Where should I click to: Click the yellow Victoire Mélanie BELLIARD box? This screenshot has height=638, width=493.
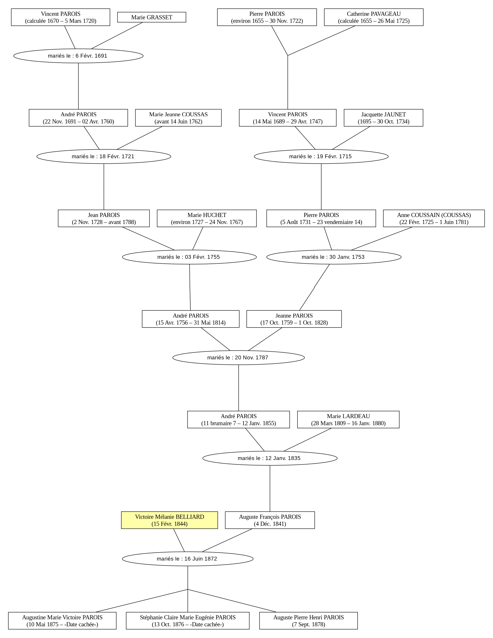[x=169, y=520]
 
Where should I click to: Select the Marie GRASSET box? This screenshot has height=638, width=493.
[x=152, y=17]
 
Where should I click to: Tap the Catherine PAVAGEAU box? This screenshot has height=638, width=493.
[x=374, y=17]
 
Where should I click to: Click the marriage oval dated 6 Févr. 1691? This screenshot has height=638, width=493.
[x=78, y=56]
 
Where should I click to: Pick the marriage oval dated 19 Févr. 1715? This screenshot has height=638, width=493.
[x=321, y=156]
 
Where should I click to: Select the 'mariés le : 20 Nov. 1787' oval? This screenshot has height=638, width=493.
[x=238, y=357]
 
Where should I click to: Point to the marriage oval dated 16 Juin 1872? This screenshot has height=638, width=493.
[x=188, y=559]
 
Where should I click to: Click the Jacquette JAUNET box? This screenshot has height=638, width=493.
[x=383, y=118]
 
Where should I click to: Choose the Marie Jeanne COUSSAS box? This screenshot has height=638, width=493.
[x=178, y=118]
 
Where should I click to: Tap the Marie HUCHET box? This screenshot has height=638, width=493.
[x=207, y=218]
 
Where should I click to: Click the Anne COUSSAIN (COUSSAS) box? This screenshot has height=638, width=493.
[x=434, y=218]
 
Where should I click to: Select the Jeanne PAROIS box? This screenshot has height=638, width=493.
[x=294, y=319]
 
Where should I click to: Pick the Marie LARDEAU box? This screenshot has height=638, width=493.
[x=348, y=420]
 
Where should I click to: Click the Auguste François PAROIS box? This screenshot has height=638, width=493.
[x=270, y=520]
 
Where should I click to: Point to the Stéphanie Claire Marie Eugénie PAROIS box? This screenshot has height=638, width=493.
[x=188, y=621]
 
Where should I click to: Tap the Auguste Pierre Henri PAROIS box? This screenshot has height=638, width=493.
[x=308, y=621]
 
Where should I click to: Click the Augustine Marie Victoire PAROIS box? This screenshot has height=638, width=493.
[x=62, y=621]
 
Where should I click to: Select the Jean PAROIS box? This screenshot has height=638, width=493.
[x=104, y=218]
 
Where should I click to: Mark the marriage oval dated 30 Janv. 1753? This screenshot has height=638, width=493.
[x=334, y=257]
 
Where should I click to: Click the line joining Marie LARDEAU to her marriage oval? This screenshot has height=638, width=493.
[x=307, y=440]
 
